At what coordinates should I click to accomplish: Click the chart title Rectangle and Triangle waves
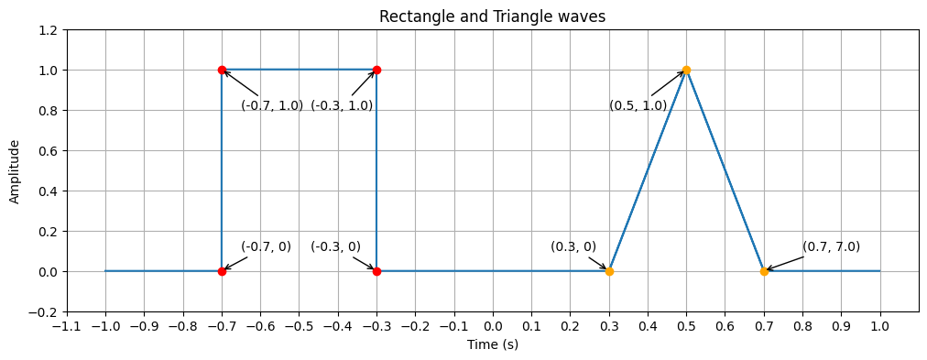tap(492, 16)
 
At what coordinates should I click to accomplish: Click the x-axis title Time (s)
tap(492, 344)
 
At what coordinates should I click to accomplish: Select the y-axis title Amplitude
tap(15, 171)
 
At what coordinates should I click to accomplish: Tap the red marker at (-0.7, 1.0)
tap(222, 70)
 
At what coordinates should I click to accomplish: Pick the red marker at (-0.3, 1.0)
tap(376, 70)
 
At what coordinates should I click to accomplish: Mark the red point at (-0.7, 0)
tap(222, 271)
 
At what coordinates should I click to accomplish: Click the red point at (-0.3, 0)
tap(376, 271)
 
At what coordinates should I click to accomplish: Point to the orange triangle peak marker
tap(686, 70)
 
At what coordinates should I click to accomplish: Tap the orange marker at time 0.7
tap(764, 271)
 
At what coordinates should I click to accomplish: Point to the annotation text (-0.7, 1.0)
tap(272, 105)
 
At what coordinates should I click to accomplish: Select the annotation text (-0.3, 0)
tap(335, 246)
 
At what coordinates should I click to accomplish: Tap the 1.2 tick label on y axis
tap(47, 30)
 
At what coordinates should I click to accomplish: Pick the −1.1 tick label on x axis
tap(67, 325)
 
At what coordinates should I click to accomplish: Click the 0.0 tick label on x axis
tap(493, 325)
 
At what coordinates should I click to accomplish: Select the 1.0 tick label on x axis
tap(880, 325)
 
